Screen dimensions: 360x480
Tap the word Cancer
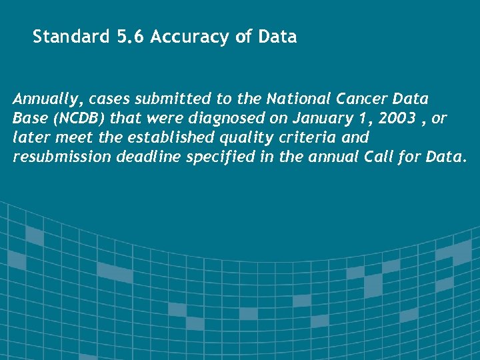pos(365,100)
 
